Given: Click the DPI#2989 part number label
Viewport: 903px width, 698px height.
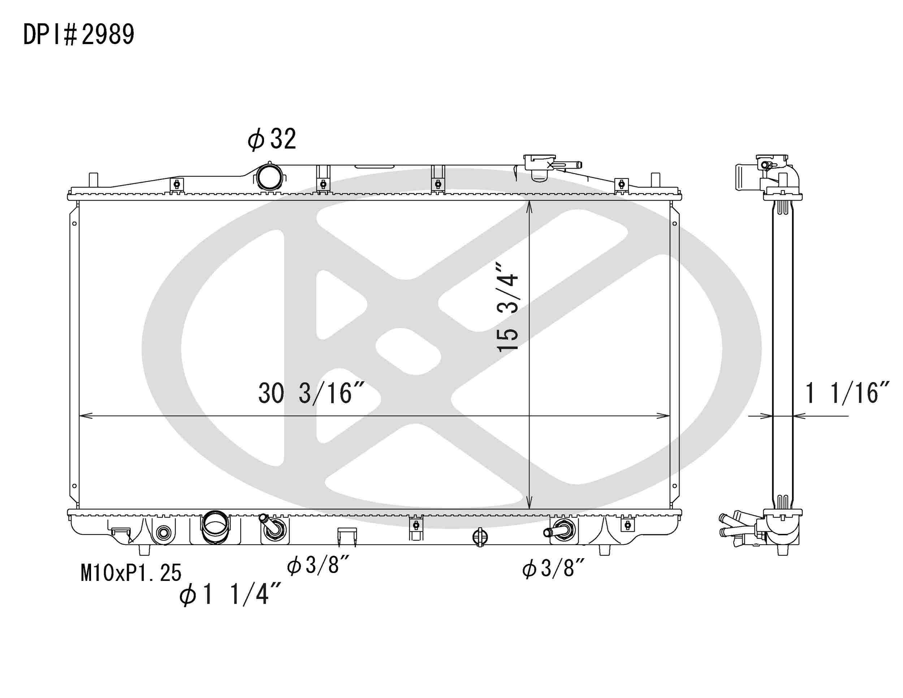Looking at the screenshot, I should pyautogui.click(x=78, y=34).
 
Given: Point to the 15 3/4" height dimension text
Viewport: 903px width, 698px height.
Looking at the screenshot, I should pyautogui.click(x=507, y=307).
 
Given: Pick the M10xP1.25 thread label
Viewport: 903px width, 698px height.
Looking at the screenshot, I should pyautogui.click(x=131, y=573).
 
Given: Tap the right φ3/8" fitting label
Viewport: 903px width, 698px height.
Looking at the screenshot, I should pyautogui.click(x=553, y=568).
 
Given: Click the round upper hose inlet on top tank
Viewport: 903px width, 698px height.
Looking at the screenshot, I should pyautogui.click(x=269, y=177).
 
